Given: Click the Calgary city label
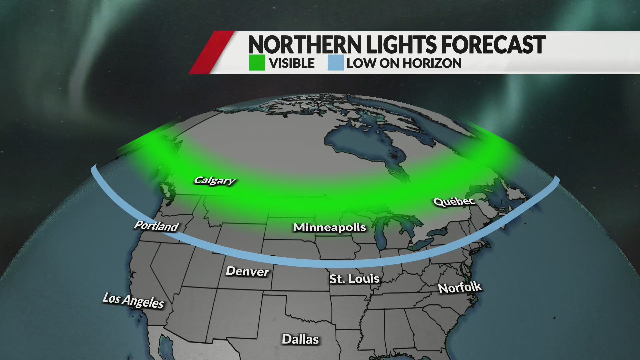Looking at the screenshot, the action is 215,181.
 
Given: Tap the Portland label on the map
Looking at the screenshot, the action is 156,226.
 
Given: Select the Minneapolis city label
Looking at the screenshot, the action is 329,227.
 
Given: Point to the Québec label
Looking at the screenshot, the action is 454,201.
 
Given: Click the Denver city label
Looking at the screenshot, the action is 247,271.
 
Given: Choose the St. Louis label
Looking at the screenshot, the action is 354,279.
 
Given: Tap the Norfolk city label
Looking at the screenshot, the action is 460,288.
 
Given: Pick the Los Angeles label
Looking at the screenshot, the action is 133,301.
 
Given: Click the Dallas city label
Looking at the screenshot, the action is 300,339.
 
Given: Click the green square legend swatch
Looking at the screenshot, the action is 257,63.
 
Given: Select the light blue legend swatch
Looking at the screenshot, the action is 335,63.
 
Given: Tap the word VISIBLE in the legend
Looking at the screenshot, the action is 292,63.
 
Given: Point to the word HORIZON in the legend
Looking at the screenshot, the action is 432,63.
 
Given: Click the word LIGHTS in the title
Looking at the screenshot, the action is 402,45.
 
